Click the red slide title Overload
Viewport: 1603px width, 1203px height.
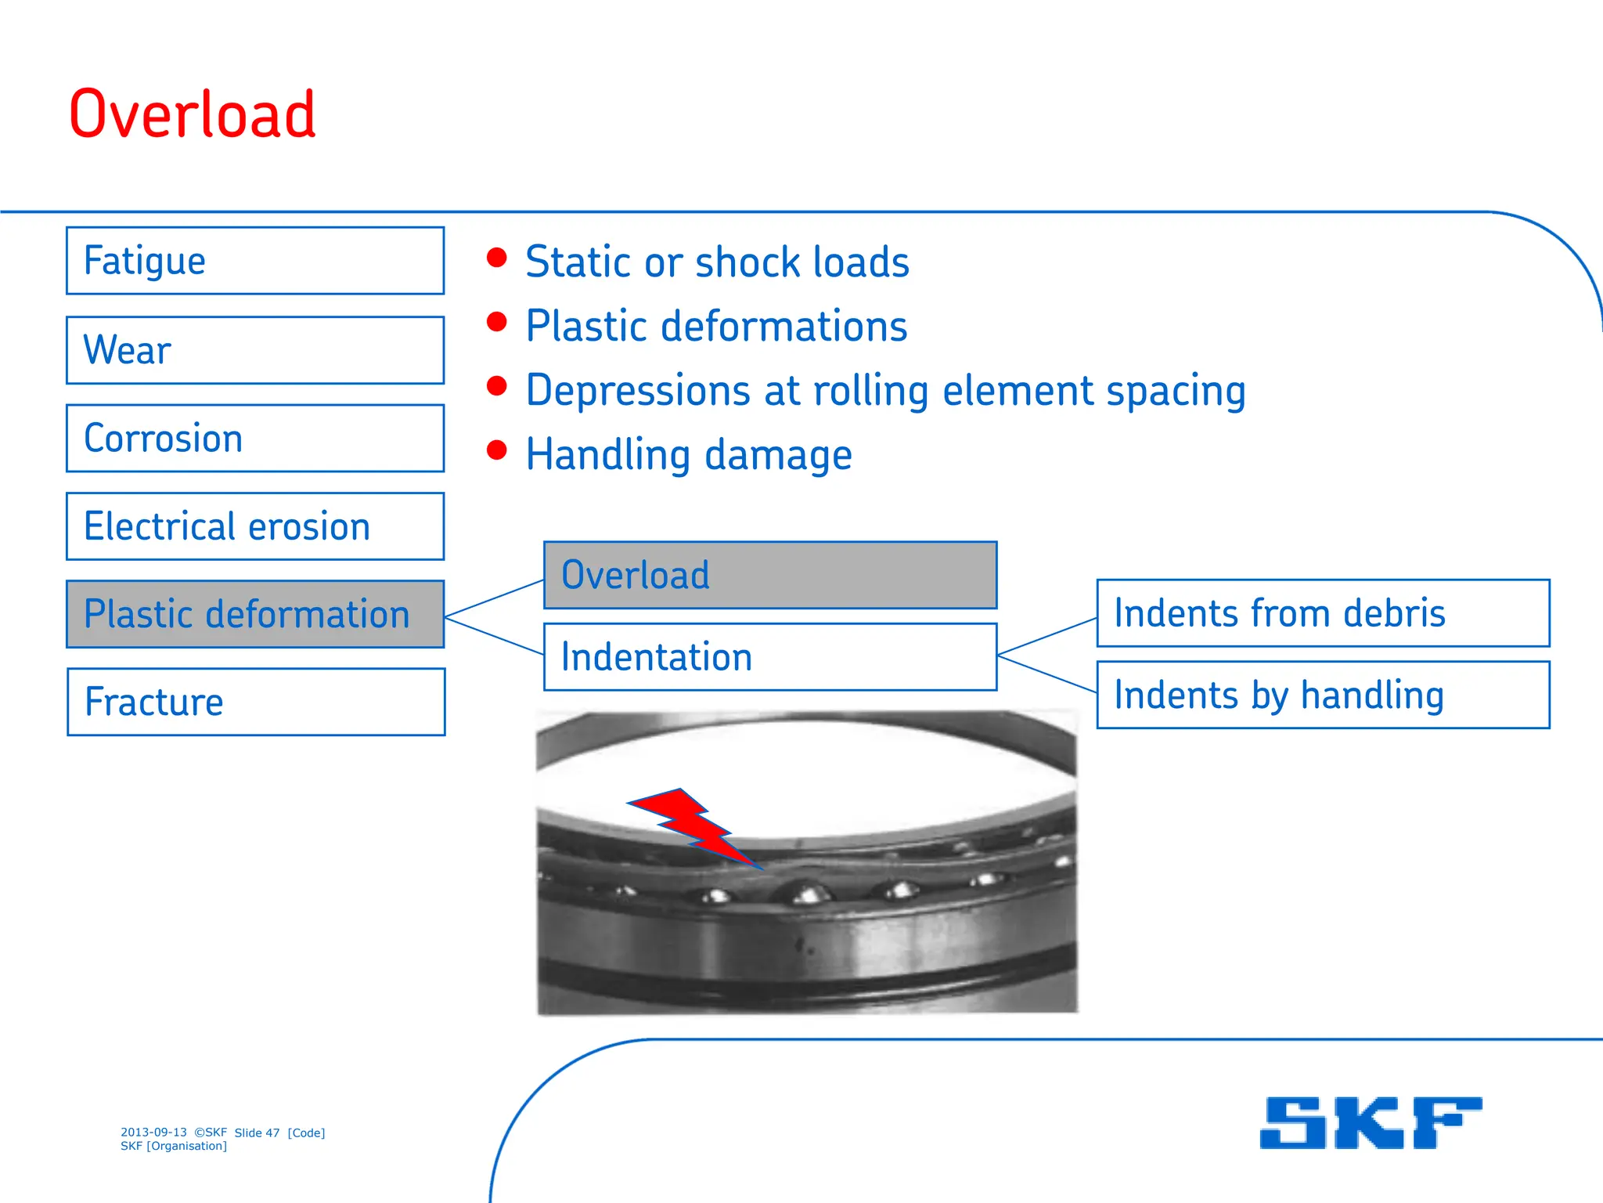click(193, 115)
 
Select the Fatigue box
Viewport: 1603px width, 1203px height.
click(255, 261)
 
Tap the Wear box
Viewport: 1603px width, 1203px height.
click(255, 350)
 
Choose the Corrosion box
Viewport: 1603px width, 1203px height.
click(255, 439)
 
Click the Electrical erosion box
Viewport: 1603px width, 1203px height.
click(255, 526)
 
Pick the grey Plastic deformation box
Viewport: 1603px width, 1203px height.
click(255, 614)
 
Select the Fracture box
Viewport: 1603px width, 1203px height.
click(255, 702)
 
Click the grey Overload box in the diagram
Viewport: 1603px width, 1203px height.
click(770, 575)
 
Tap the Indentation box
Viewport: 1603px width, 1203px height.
click(770, 657)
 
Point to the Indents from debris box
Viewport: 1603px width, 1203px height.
click(1323, 613)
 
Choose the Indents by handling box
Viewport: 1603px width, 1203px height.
click(1323, 695)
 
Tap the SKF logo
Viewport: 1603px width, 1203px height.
click(1371, 1123)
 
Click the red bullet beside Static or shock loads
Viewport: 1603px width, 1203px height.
click(496, 258)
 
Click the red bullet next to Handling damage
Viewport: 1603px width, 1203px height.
click(496, 450)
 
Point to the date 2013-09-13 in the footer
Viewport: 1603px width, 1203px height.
click(153, 1133)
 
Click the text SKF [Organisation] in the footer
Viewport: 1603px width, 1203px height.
click(174, 1146)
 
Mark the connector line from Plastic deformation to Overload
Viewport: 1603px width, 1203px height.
click(495, 599)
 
